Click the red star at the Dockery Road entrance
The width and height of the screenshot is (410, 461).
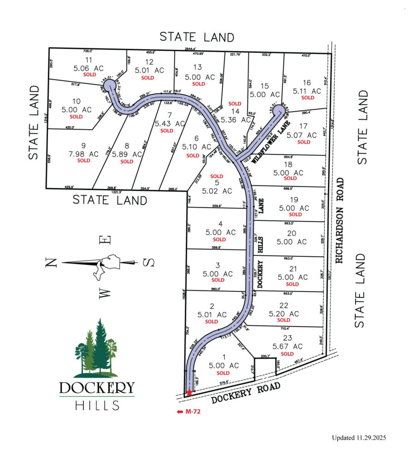pos(189,393)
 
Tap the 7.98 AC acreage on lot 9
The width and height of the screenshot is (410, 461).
pos(84,154)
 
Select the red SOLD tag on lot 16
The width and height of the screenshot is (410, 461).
pos(308,98)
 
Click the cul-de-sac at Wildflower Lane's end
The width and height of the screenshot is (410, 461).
pos(278,111)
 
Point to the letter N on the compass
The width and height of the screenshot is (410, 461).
pos(52,263)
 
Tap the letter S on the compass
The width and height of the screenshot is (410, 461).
pos(148,263)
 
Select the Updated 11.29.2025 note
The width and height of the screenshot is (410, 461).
pos(359,437)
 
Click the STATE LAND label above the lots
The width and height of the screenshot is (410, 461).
pos(197,37)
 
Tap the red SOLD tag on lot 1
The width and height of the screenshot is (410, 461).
pos(223,373)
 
